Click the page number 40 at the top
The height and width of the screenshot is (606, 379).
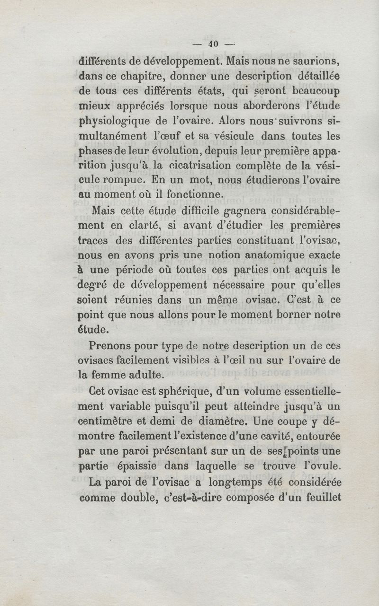213,44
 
